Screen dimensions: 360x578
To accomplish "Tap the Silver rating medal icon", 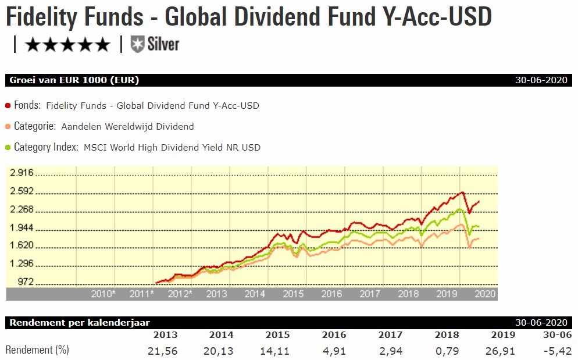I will point(137,44).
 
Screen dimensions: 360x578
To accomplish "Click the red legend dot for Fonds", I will point(8,106).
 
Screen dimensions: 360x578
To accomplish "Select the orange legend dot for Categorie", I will point(8,127).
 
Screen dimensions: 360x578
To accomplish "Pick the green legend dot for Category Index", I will point(8,148).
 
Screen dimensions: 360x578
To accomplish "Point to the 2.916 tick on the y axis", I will point(22,173).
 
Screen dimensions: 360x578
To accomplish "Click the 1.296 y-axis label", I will point(22,264).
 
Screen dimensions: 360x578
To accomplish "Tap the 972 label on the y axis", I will point(26,283).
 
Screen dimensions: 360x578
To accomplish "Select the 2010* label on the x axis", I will point(104,294).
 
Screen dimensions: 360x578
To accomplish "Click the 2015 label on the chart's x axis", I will point(293,294).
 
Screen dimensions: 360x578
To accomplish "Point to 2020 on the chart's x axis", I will point(485,294).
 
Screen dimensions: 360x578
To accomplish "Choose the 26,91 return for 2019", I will point(502,351).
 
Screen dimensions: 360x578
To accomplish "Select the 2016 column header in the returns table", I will point(334,335).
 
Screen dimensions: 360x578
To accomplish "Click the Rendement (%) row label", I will point(37,351).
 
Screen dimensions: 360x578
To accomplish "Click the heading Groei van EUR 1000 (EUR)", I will point(74,80).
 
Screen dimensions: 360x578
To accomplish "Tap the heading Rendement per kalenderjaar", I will point(80,323).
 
